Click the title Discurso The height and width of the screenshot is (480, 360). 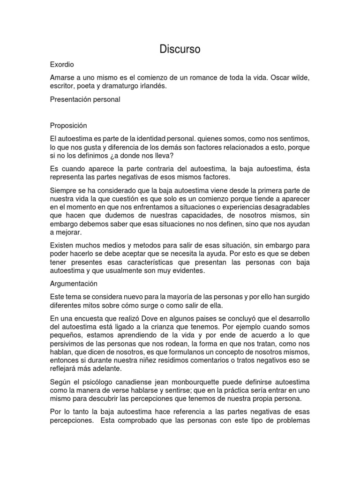(180, 49)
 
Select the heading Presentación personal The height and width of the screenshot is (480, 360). (85, 99)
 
